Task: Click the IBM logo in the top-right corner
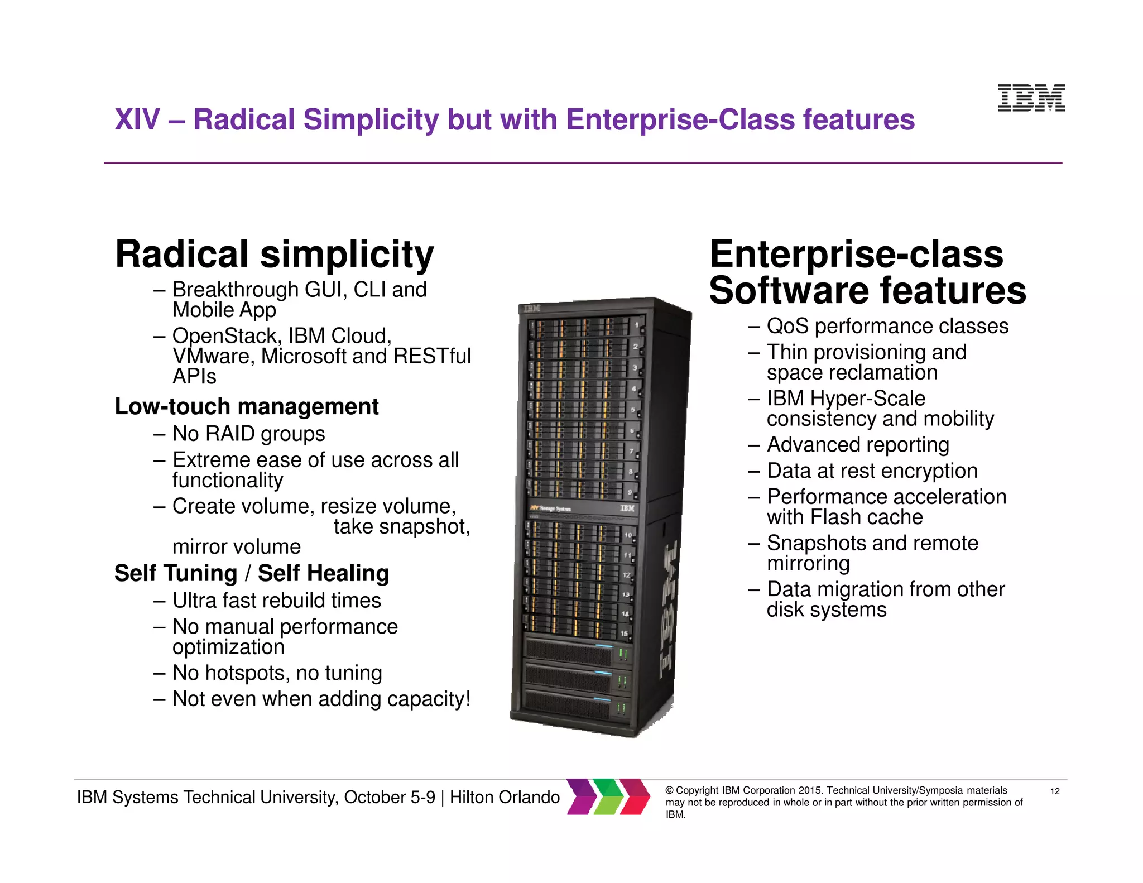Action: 1031,98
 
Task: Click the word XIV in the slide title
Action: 137,119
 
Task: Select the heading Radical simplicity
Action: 274,255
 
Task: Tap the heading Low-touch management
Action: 246,406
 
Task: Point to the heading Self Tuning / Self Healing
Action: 252,573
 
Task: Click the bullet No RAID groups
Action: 248,434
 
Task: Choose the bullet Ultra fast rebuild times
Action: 276,601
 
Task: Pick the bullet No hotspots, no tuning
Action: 277,673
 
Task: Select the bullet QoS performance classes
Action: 887,326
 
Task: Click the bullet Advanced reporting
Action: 858,445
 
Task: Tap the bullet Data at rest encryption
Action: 872,471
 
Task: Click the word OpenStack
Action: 225,336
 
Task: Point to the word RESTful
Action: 433,356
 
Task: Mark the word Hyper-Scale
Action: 868,399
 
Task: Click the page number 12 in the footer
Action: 1055,791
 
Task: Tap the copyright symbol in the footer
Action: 670,790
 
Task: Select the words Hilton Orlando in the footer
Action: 505,797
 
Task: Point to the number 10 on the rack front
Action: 628,535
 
